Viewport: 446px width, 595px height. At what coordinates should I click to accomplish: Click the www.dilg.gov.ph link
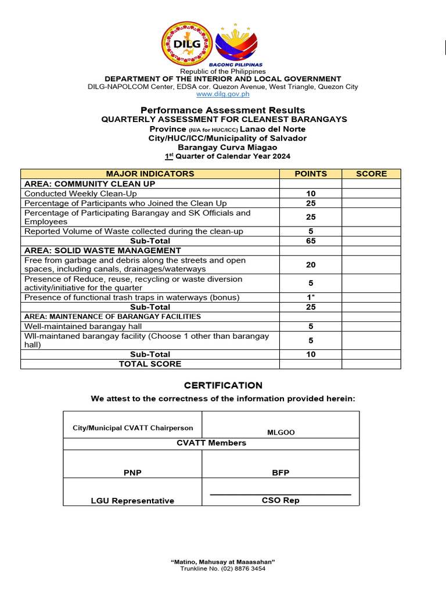222,94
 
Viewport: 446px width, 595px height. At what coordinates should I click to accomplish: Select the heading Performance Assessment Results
222,110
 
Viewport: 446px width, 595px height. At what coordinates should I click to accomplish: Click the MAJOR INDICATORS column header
150,174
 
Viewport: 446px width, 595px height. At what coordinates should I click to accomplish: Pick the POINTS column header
311,174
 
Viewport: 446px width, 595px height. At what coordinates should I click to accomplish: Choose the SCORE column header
371,174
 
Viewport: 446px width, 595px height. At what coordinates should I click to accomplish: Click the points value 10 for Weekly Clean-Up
311,193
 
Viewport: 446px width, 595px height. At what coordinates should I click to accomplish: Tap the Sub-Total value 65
311,241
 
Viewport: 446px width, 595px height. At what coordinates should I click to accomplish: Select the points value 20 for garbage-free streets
311,265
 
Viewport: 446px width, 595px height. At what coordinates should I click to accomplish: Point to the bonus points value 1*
311,297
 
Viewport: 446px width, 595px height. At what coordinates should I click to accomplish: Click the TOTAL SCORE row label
150,364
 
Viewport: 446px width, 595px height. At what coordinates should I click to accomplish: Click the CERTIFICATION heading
223,385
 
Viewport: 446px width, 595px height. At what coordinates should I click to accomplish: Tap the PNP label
132,473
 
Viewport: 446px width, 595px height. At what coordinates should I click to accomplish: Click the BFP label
280,473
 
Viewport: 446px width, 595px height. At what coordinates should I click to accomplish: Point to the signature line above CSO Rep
280,494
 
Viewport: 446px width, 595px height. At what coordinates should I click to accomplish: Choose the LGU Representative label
132,501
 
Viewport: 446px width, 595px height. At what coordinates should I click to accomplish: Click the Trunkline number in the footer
222,569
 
